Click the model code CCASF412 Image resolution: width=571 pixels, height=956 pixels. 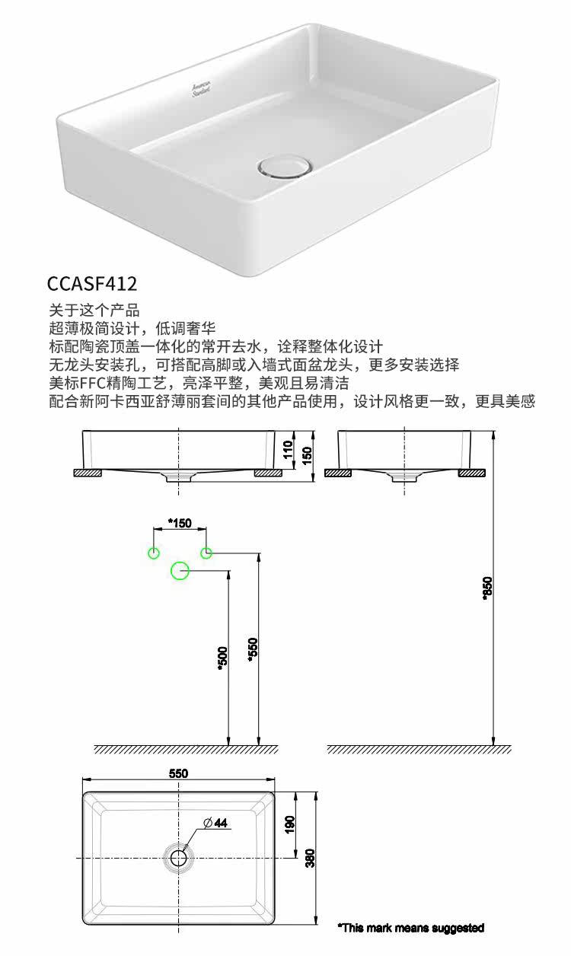(x=92, y=284)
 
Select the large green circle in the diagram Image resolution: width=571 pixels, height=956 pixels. (x=180, y=570)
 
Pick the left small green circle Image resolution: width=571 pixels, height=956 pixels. (x=154, y=553)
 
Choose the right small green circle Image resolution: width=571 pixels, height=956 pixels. (x=206, y=553)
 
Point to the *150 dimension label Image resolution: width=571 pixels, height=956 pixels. (x=180, y=523)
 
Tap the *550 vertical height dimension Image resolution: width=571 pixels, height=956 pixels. (x=253, y=648)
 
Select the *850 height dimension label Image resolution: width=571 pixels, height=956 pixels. (x=488, y=588)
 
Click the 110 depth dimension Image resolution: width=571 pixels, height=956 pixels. (x=288, y=450)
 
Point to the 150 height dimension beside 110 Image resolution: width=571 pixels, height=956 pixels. (x=306, y=454)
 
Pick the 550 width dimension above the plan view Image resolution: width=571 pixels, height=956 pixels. (x=178, y=773)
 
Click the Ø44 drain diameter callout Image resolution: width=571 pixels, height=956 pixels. (x=215, y=823)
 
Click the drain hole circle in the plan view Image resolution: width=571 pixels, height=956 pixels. (x=179, y=858)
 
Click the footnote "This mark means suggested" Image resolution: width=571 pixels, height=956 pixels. (x=411, y=928)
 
